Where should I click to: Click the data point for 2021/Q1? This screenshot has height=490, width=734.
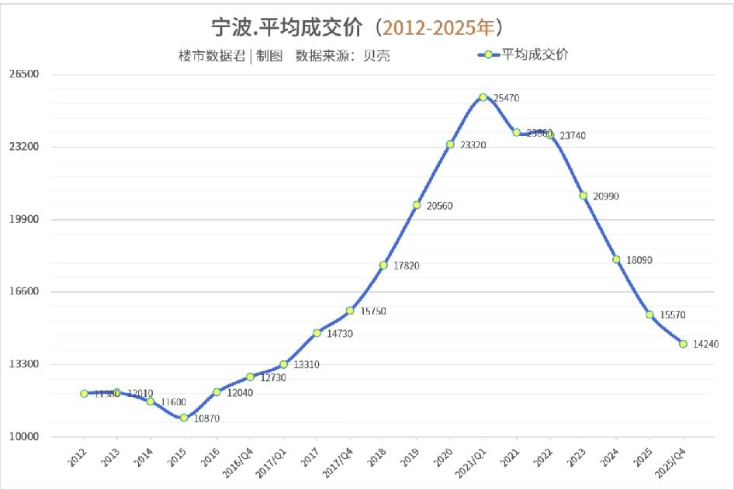[x=483, y=97]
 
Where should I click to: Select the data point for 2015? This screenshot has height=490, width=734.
[x=184, y=418]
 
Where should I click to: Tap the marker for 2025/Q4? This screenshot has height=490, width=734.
[x=683, y=343]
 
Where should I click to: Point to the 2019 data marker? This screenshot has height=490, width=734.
[x=417, y=205]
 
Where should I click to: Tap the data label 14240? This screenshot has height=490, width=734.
[x=706, y=344]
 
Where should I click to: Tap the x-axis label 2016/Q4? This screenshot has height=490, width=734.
[x=242, y=459]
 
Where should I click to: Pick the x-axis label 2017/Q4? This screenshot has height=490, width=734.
[x=342, y=459]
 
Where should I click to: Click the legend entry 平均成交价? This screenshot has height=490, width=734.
[x=535, y=54]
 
